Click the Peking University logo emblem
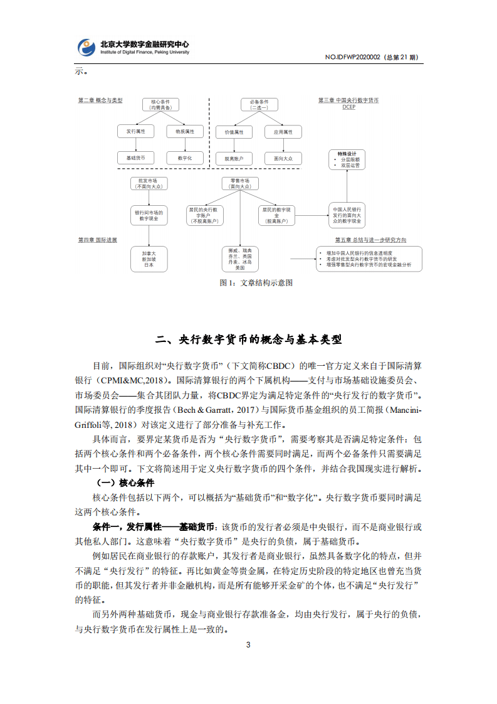point(86,48)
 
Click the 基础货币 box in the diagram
point(136,158)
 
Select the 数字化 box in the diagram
point(185,158)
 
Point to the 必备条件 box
point(259,104)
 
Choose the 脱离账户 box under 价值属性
point(234,159)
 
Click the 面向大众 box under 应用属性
point(283,159)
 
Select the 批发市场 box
point(148,183)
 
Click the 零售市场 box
point(239,183)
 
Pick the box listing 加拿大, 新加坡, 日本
point(149,259)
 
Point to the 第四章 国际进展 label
point(97,240)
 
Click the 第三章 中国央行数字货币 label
point(348,100)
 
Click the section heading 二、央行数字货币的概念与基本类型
point(249,339)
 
